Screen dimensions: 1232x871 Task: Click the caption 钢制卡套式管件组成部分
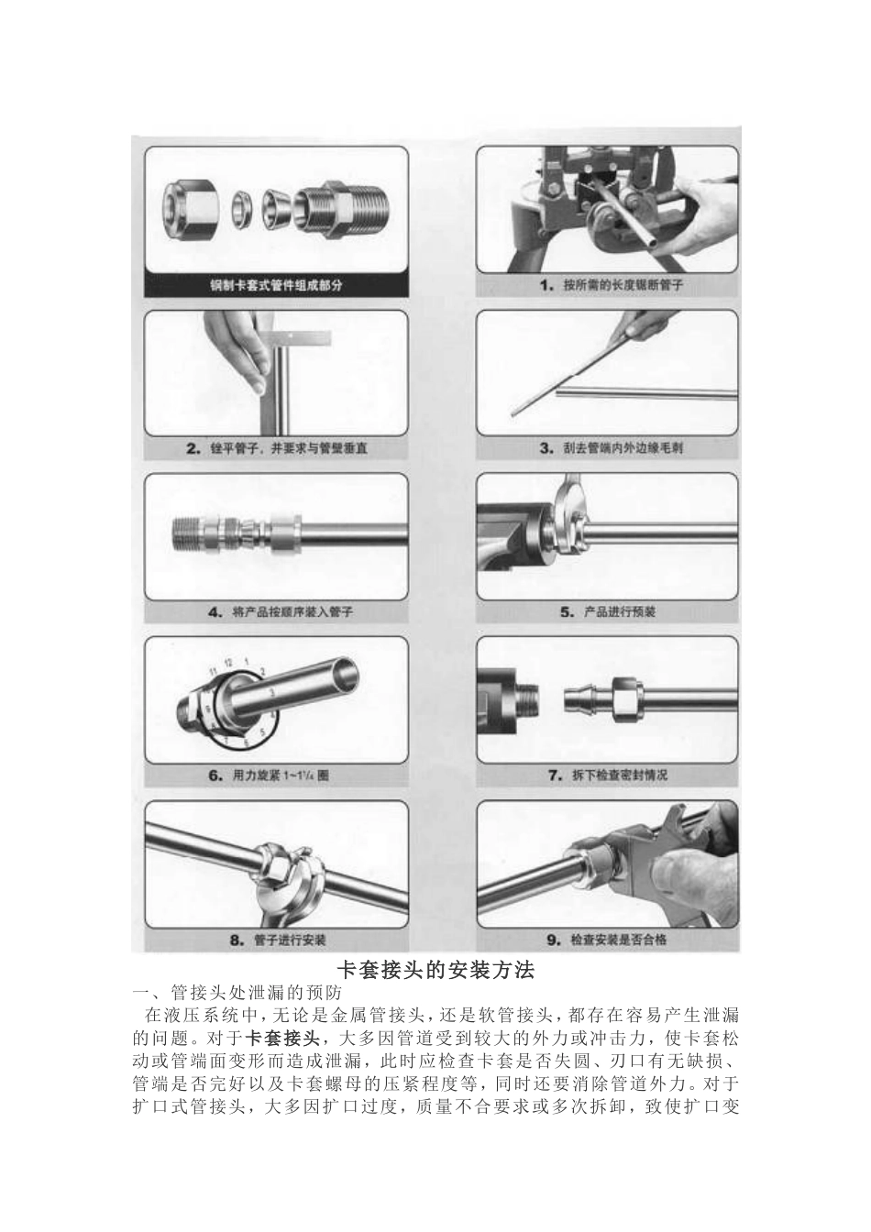pos(276,285)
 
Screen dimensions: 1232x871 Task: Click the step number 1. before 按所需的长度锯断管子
pos(546,286)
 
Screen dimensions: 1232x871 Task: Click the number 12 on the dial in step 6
pos(228,662)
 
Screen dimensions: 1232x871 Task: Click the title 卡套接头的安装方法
pos(436,969)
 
